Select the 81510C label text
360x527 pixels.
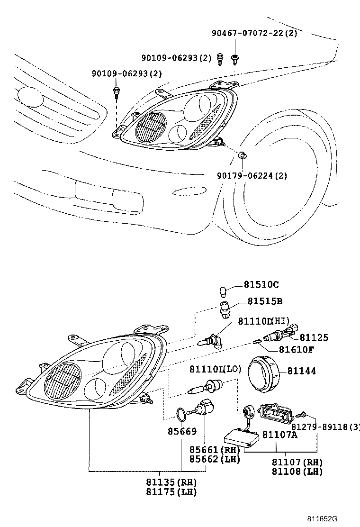[x=261, y=285]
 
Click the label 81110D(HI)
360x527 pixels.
[x=263, y=322]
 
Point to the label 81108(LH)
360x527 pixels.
[x=297, y=472]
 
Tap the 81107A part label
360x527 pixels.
[x=279, y=435]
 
